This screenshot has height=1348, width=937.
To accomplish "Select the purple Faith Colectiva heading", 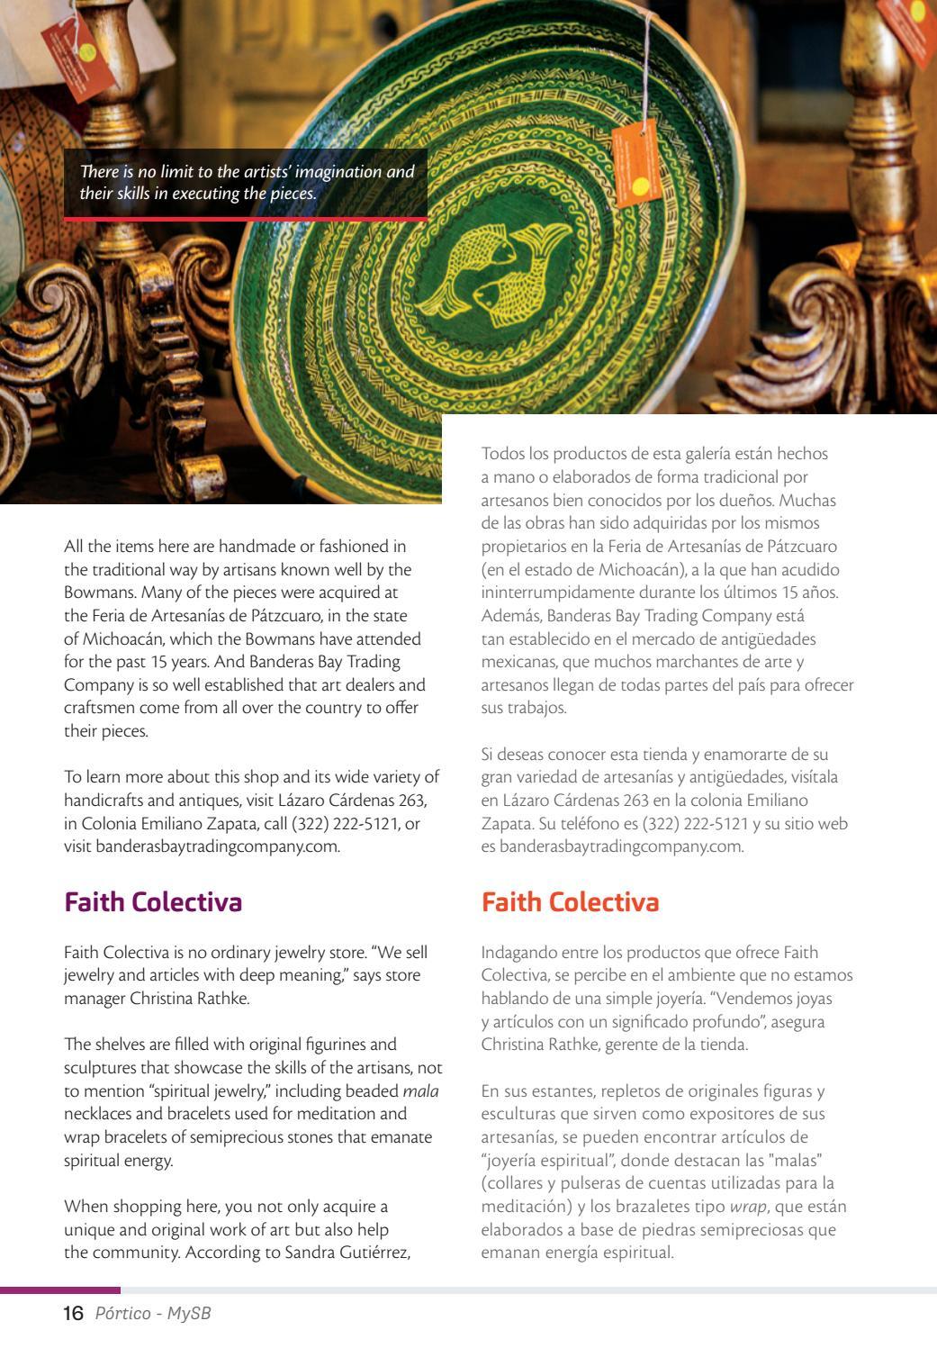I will click(153, 902).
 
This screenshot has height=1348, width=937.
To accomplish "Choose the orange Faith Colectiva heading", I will click(571, 902).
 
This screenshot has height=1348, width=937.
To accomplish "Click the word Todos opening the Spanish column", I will click(503, 454).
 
